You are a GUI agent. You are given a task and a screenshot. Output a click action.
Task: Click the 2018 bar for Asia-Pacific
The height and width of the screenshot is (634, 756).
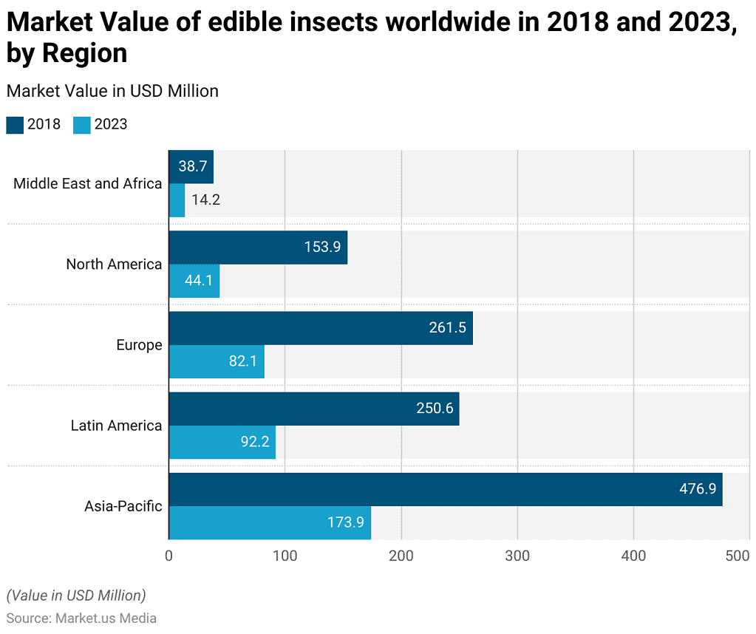(445, 489)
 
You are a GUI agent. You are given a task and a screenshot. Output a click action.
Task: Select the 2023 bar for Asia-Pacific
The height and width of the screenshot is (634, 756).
(270, 522)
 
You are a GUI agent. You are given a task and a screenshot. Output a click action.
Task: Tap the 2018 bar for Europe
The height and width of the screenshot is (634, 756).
(321, 327)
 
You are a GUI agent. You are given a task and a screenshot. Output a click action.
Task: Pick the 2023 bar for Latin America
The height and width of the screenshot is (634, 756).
(222, 442)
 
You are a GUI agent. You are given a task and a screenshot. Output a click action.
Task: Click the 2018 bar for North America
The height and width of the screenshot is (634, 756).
(258, 247)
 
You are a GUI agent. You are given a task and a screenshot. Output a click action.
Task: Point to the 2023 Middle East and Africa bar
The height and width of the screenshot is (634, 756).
(177, 200)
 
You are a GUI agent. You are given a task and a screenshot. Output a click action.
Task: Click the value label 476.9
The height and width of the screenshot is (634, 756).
(698, 489)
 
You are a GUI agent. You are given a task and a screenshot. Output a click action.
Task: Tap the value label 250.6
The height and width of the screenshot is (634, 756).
(435, 409)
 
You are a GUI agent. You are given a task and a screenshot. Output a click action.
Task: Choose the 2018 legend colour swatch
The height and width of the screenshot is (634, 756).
(15, 125)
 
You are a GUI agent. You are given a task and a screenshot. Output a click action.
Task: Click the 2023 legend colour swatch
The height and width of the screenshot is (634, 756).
(82, 125)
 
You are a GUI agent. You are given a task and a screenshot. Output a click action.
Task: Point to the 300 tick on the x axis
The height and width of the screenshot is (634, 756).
(517, 555)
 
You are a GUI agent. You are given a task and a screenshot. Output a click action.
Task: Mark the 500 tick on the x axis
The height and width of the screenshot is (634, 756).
(738, 555)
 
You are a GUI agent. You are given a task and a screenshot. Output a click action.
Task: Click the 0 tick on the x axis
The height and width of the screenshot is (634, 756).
(169, 555)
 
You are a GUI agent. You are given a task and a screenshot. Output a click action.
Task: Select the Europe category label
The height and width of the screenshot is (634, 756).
(139, 345)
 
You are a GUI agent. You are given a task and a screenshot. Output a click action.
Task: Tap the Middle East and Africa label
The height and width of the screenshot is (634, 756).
(87, 183)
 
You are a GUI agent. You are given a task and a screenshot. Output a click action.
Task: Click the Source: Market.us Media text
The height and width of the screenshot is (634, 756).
(81, 618)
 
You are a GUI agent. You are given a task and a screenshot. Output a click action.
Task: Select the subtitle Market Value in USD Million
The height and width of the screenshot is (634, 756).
(112, 91)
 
